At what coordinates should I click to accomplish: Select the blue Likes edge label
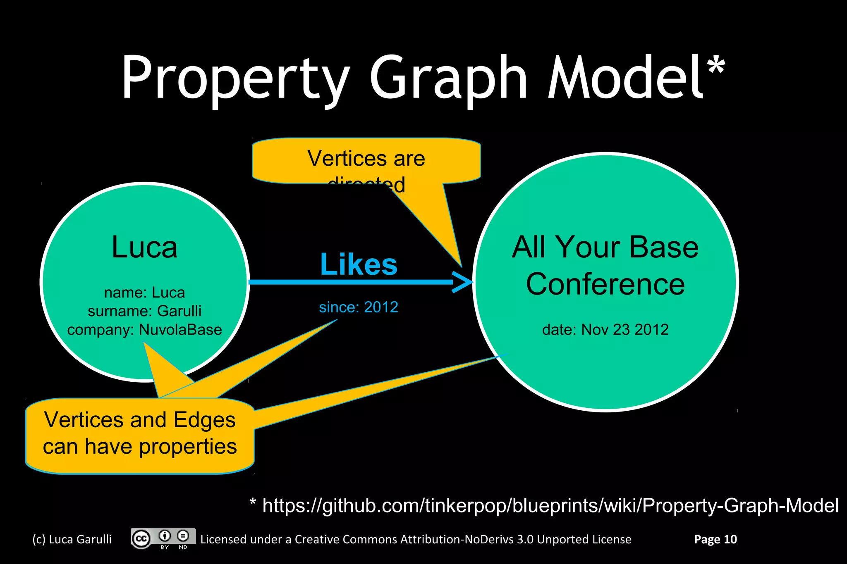[359, 264]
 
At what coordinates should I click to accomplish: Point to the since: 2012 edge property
[359, 307]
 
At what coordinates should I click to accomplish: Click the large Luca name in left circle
[144, 247]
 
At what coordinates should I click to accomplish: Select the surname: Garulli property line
[144, 311]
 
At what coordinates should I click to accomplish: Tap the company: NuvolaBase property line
[144, 330]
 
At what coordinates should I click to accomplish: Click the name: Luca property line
[144, 293]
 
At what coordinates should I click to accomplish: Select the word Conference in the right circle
[605, 284]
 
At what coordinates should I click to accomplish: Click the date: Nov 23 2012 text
[605, 329]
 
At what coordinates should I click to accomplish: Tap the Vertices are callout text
[366, 158]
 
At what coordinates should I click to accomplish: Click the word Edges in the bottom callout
[204, 420]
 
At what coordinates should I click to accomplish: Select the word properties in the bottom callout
[188, 447]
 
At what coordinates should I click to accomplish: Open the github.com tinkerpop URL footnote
[550, 505]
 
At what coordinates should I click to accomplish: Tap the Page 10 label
[715, 539]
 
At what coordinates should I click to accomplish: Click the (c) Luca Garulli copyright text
[72, 539]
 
